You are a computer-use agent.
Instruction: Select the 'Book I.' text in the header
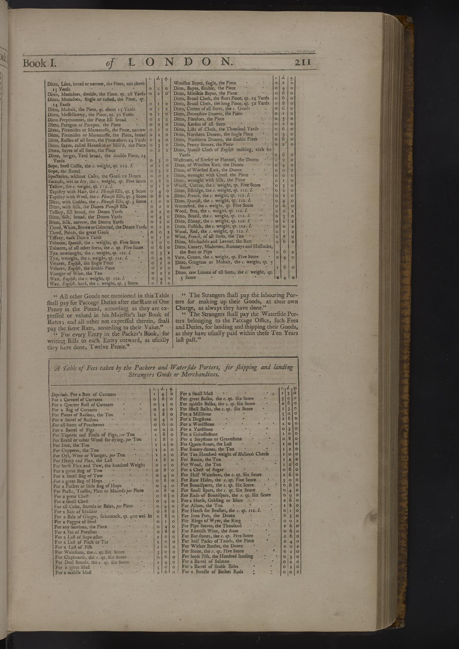pyautogui.click(x=40, y=63)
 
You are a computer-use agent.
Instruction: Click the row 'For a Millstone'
pyautogui.click(x=197, y=414)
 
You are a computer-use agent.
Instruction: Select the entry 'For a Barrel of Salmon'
pyautogui.click(x=205, y=561)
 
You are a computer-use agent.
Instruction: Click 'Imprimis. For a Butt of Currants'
pyautogui.click(x=84, y=394)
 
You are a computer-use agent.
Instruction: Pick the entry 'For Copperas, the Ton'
pyautogui.click(x=75, y=450)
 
